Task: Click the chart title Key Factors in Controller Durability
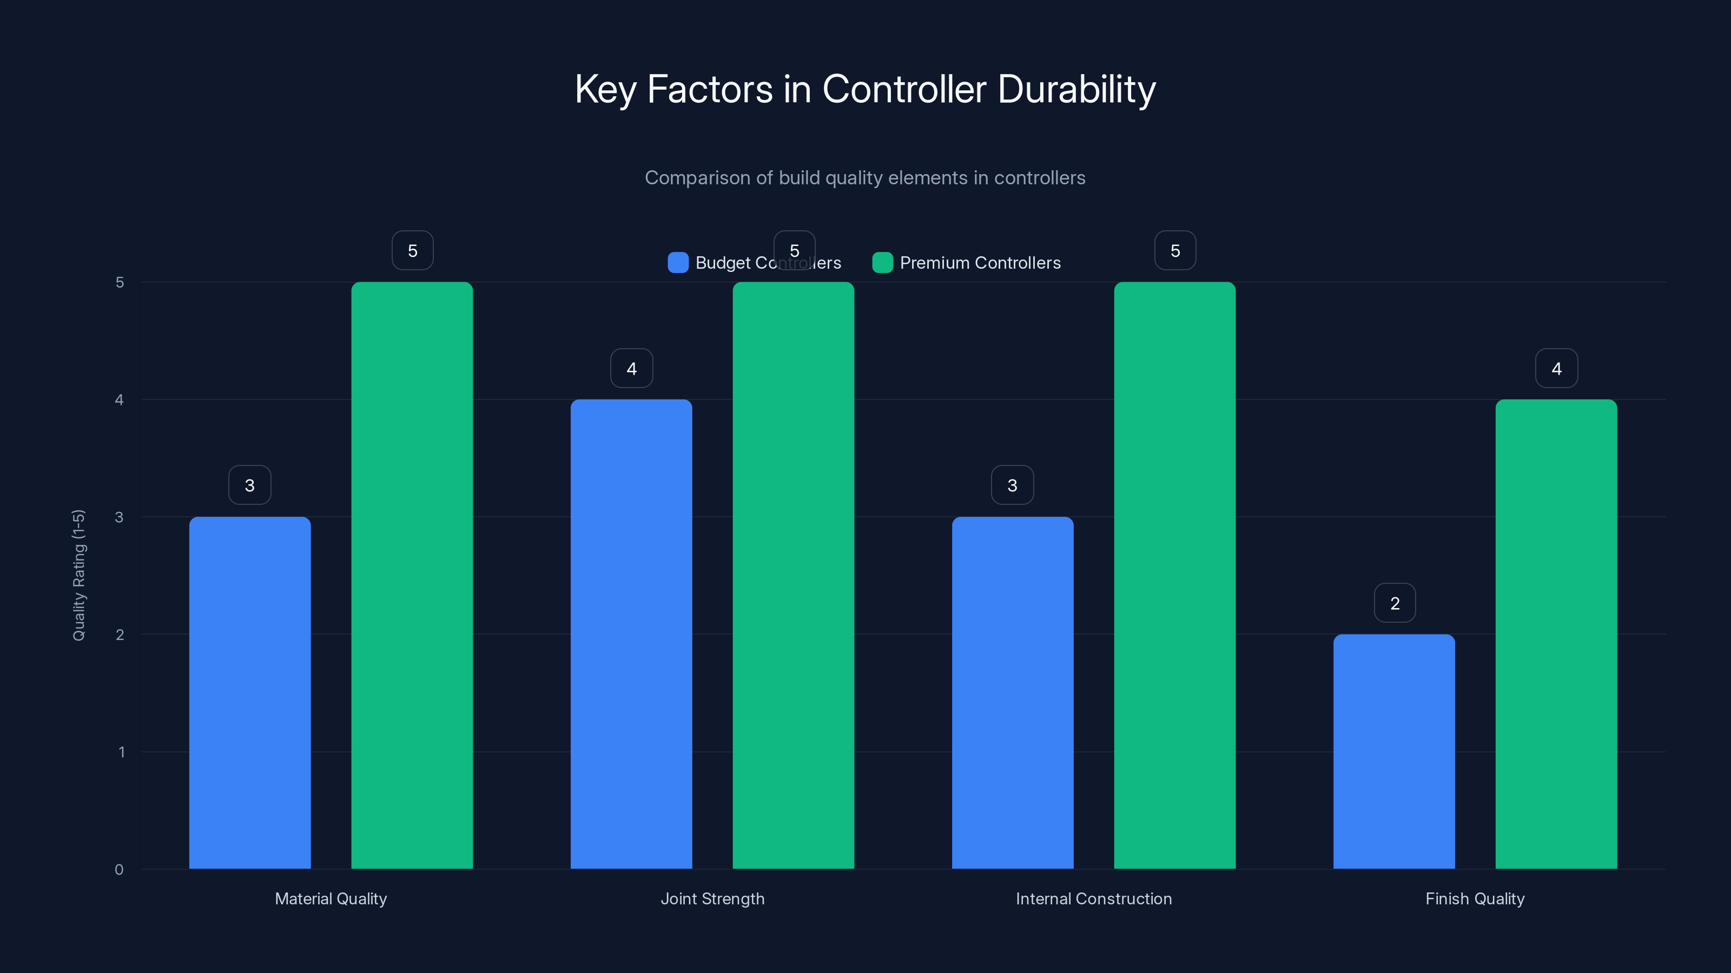[x=865, y=89]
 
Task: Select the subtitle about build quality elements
[x=865, y=178]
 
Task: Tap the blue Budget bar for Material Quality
[x=250, y=692]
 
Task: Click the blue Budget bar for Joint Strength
[x=631, y=634]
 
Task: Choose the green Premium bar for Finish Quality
[x=1556, y=634]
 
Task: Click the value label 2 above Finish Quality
[x=1395, y=603]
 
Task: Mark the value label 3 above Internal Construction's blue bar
[x=1012, y=485]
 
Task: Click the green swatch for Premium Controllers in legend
[x=882, y=263]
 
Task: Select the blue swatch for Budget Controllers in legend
[x=677, y=263]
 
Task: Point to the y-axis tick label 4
[x=120, y=399]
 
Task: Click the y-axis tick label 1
[x=121, y=751]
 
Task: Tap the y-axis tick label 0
[x=119, y=870]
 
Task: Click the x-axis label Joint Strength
[x=712, y=898]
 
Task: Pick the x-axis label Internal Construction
[x=1093, y=898]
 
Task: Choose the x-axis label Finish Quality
[x=1475, y=898]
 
